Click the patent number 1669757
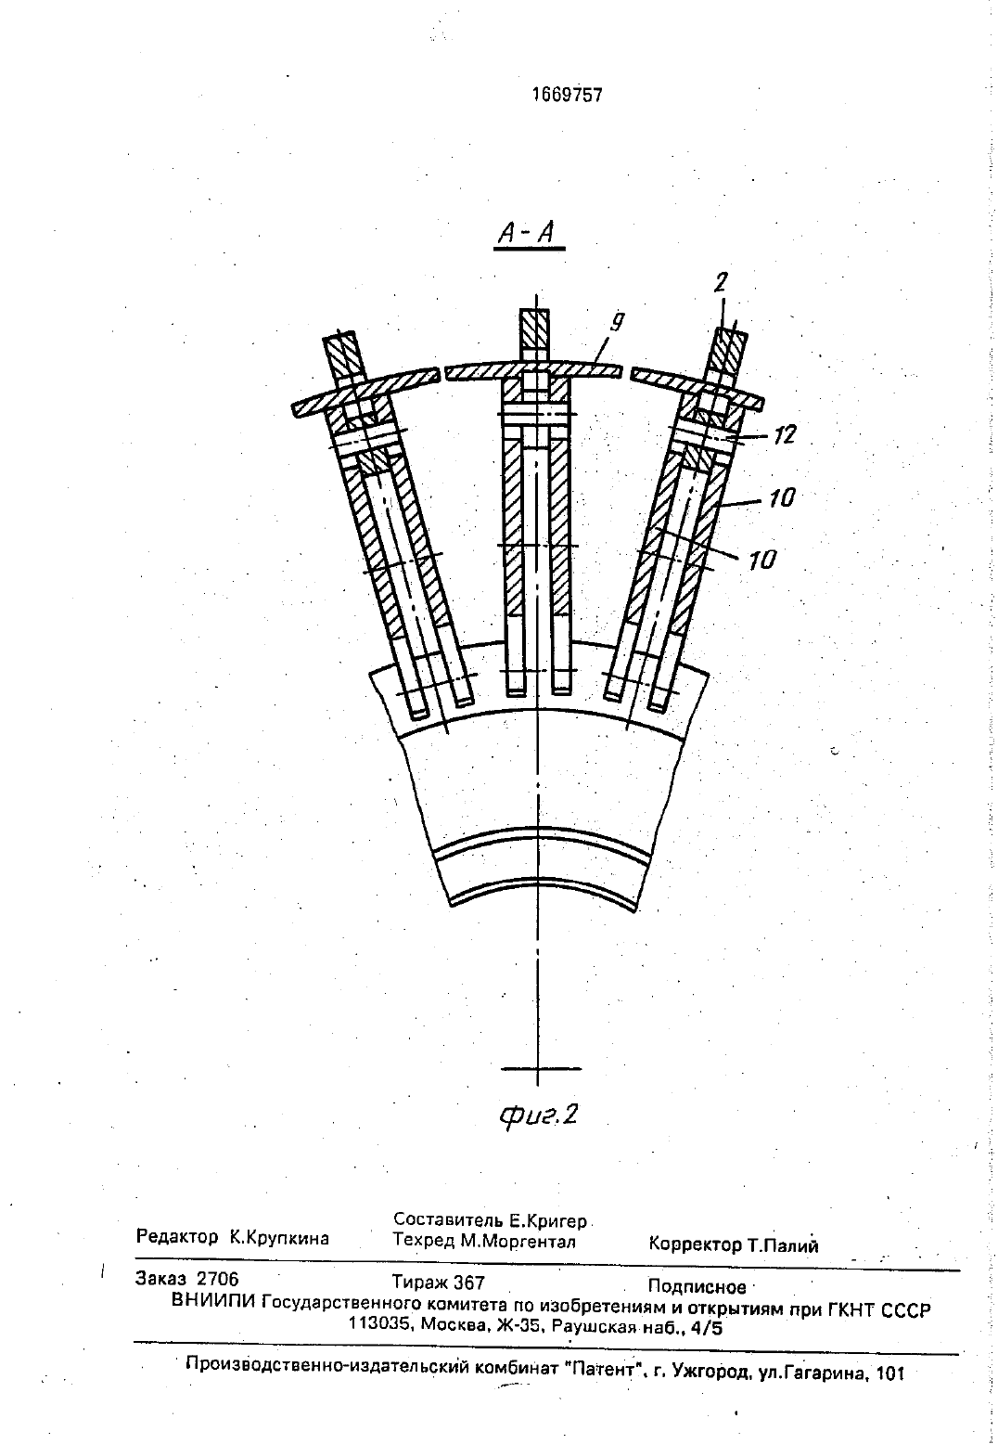point(568,96)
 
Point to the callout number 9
point(617,322)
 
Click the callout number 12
point(784,436)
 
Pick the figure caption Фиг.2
point(538,1114)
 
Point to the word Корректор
point(695,1244)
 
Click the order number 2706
point(218,1279)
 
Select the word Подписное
point(697,1287)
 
